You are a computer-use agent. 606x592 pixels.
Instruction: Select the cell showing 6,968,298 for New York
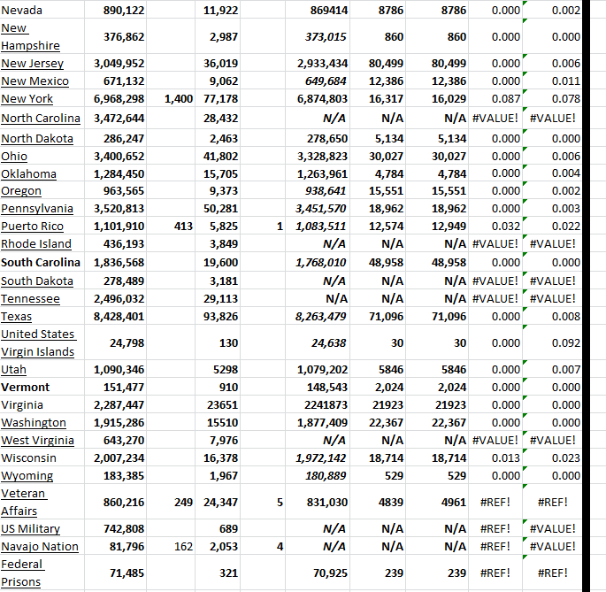pos(119,100)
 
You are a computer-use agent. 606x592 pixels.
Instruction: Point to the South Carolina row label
pos(41,263)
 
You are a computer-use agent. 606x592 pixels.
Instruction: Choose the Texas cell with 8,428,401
pos(119,317)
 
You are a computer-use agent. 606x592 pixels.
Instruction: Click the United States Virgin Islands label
pos(38,342)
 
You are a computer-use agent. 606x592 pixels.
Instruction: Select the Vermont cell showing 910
pos(227,387)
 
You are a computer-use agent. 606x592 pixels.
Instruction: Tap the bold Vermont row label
pos(26,387)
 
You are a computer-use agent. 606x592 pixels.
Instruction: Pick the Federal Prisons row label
pos(22,573)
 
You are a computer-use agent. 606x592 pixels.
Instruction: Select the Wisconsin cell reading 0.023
pos(565,458)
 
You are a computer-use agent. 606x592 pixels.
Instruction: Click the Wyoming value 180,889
pos(326,476)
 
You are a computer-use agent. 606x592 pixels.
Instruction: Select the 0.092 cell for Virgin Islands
pos(565,342)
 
